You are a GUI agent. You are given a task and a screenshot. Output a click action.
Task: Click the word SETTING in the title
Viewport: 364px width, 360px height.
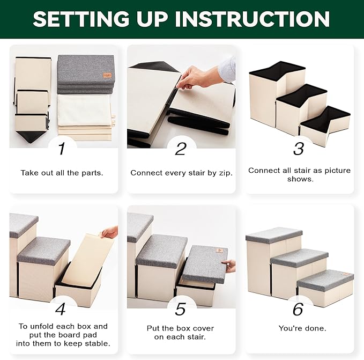point(80,19)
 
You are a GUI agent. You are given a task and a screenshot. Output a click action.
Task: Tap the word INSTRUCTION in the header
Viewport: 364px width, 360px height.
point(252,19)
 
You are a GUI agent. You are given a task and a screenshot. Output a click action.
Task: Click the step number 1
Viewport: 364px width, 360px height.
point(62,149)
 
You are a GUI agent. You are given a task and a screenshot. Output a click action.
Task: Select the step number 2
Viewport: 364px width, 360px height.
point(180,149)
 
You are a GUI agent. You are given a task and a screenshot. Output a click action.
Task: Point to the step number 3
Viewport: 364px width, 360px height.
point(299,149)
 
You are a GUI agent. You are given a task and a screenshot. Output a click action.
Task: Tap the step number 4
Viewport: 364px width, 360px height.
point(61,309)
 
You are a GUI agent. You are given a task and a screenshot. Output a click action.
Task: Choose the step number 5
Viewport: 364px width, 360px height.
point(180,309)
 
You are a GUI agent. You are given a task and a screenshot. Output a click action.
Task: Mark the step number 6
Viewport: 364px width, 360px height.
point(298,309)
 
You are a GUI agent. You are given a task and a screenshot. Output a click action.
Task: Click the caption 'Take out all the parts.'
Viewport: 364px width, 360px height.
point(62,173)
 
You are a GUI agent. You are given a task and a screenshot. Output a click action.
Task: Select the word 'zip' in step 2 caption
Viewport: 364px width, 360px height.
point(225,173)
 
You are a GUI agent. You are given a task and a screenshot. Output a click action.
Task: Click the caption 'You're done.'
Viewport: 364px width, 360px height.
point(302,328)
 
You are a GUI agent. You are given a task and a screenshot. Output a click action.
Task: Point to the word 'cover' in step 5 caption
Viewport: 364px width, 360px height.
point(202,328)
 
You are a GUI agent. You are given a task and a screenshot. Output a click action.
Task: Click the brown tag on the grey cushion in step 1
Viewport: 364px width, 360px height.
point(107,75)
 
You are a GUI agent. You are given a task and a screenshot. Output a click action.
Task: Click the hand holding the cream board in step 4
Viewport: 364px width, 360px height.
point(109,232)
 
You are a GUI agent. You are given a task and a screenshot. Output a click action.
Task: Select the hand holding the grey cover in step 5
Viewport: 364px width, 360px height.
point(229,266)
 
